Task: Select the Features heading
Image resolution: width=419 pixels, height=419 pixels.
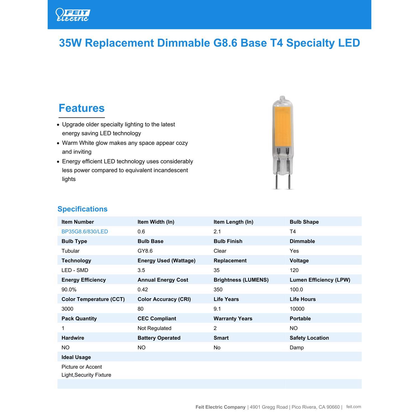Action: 82,108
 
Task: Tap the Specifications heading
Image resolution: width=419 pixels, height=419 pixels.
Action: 82,209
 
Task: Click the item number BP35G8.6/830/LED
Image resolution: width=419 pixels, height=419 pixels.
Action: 85,232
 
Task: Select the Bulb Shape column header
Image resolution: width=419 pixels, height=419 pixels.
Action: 304,222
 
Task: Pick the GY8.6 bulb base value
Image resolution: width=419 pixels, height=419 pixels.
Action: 145,251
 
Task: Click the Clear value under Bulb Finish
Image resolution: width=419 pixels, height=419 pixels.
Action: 220,251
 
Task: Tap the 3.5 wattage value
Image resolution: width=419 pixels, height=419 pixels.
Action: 141,270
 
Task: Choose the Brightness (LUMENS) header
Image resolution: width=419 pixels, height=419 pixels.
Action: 241,280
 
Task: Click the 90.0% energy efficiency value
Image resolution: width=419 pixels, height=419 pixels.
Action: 69,289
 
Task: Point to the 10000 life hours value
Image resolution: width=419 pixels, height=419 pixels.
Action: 297,309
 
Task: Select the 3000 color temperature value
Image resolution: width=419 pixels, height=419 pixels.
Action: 67,309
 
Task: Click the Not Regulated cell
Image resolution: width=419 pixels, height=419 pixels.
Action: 154,328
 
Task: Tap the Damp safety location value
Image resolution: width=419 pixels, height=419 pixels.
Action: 296,347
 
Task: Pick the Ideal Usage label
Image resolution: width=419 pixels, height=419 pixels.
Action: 76,357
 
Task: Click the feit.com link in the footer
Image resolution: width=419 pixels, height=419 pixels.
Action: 353,407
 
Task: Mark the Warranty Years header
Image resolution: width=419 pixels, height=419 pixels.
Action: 233,318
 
